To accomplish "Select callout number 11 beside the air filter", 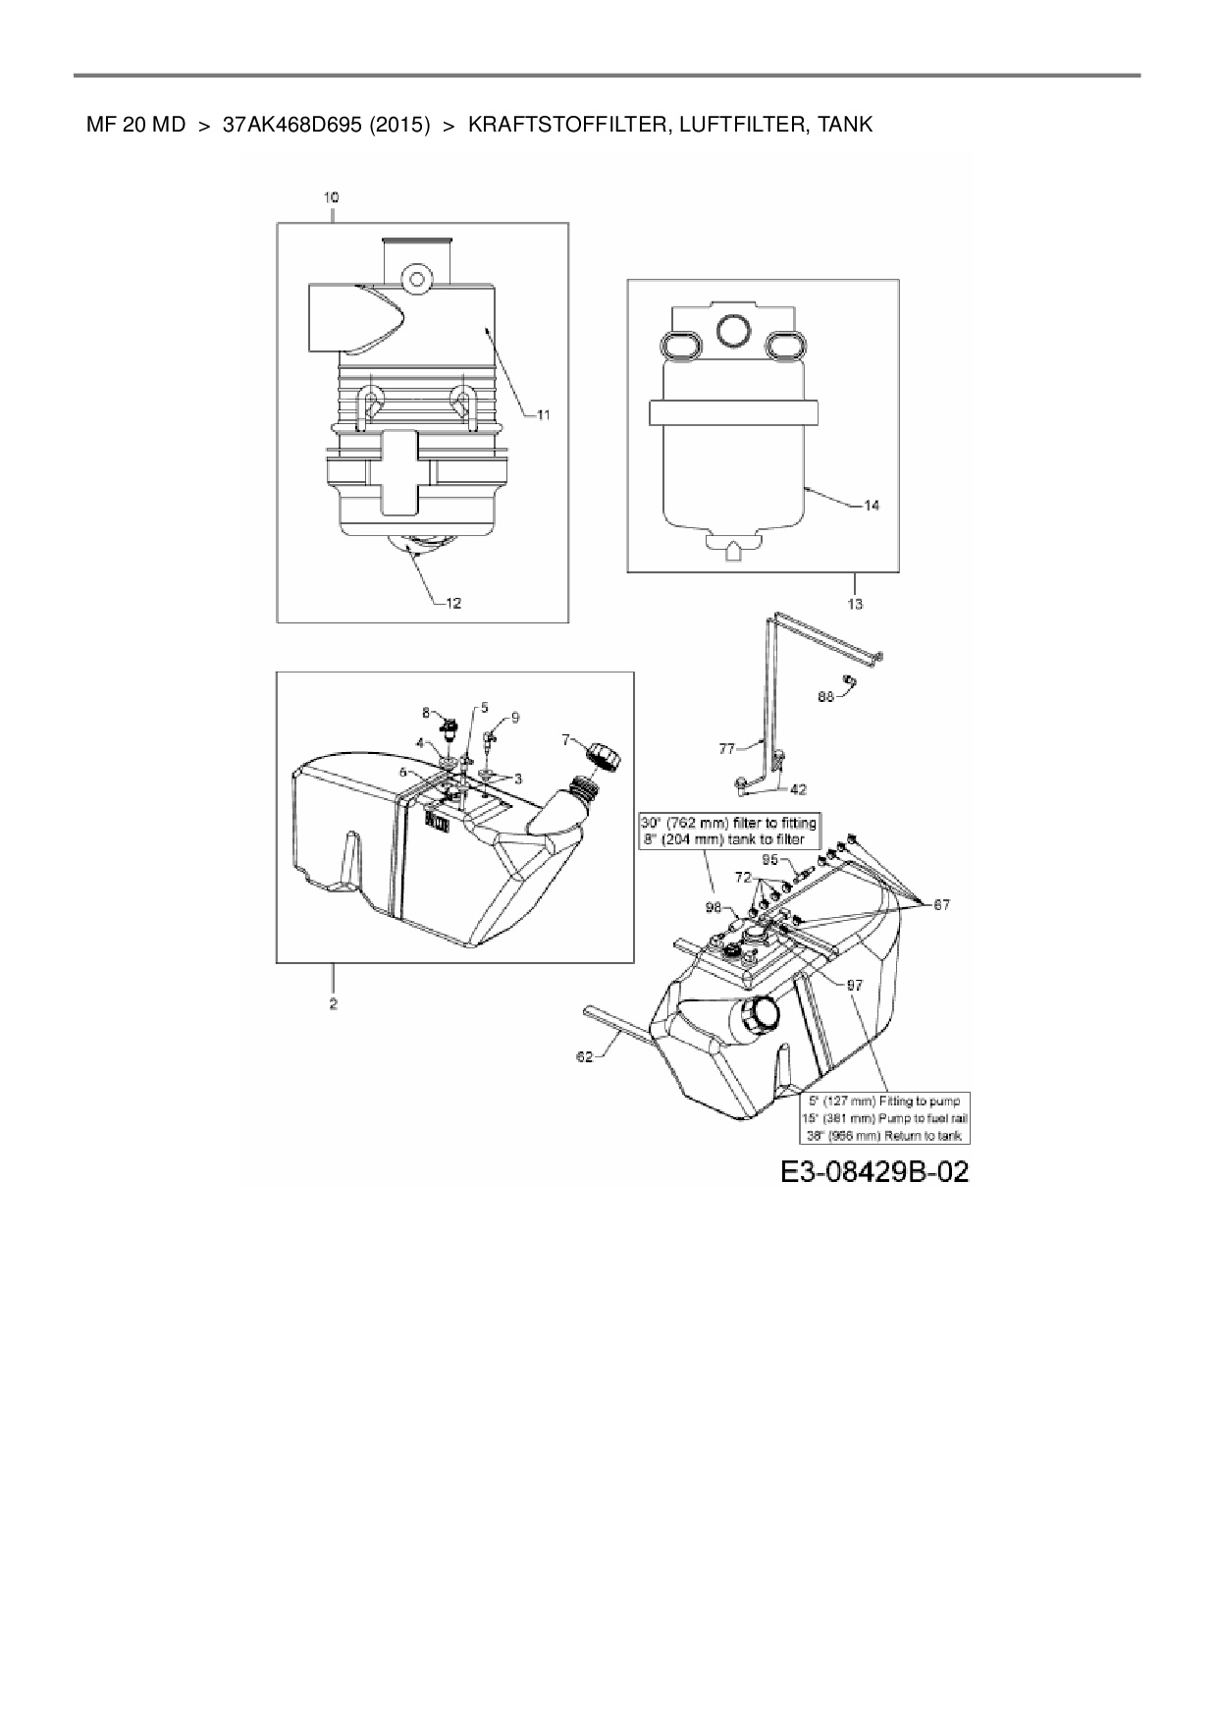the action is click(x=543, y=415).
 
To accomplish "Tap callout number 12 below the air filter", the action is click(x=453, y=603).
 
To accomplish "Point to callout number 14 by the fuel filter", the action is click(x=872, y=505).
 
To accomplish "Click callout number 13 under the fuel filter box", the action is click(x=855, y=604).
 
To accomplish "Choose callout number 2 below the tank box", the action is click(x=334, y=1003).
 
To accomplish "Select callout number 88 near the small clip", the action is click(x=825, y=696).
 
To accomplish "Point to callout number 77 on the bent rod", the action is click(x=727, y=749).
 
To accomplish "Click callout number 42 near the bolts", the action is click(x=800, y=788).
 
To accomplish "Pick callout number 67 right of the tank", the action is click(x=940, y=904).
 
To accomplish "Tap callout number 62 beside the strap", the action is click(x=585, y=1056).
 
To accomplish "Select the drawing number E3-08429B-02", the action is click(x=875, y=1171).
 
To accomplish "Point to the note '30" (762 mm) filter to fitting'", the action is click(x=728, y=823).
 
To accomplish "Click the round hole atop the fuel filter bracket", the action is click(x=733, y=332).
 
